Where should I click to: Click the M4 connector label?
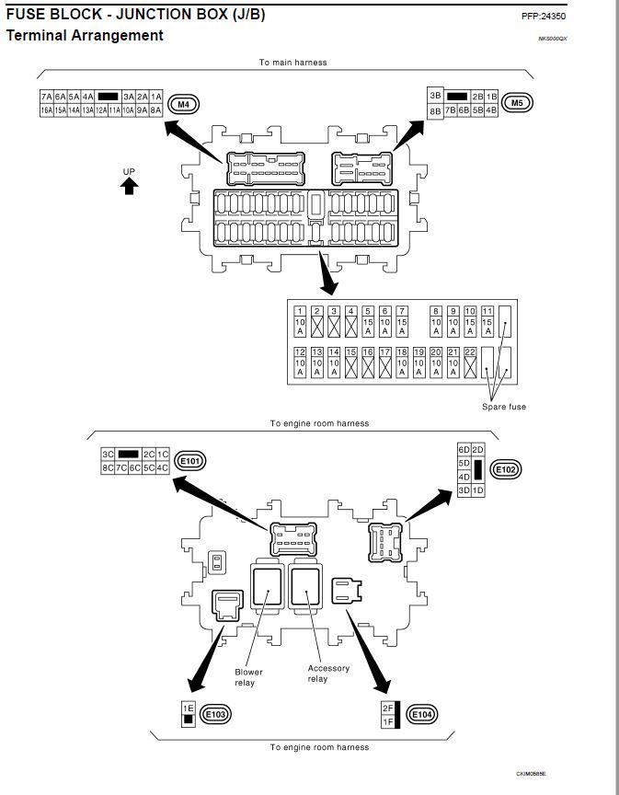183,104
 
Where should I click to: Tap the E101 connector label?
190,461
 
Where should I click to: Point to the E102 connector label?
506,470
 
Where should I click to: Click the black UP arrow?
130,186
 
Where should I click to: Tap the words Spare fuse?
504,407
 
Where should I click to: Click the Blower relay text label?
248,677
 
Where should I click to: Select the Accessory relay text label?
328,674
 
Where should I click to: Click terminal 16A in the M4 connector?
46,110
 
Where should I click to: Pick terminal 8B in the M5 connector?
435,110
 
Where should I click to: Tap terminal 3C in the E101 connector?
108,455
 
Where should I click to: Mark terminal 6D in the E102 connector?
464,449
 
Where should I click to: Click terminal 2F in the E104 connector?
387,708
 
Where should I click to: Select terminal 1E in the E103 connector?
188,708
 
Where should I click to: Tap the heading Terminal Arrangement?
85,36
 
